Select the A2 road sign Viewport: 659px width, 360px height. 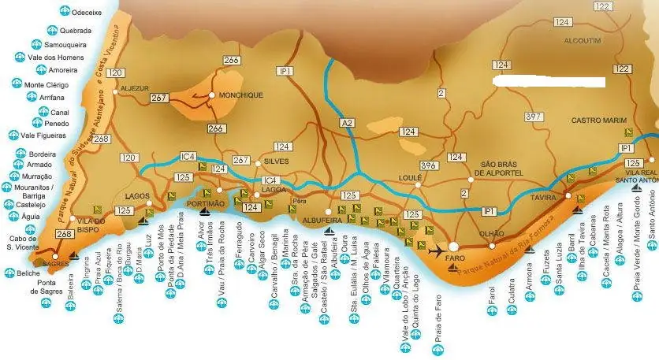[x=348, y=123]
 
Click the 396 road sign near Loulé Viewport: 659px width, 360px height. [x=429, y=165]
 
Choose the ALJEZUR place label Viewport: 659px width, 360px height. [x=135, y=89]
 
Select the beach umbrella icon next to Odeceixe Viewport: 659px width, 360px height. [x=64, y=11]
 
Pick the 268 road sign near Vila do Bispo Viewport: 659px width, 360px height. [x=64, y=234]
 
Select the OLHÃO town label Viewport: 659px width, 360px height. [x=492, y=234]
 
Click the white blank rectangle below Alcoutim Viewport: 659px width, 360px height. [x=549, y=81]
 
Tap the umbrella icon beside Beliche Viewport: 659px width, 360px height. [x=9, y=273]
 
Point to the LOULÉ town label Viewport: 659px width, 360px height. [x=411, y=179]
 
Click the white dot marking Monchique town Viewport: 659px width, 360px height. [x=212, y=95]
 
